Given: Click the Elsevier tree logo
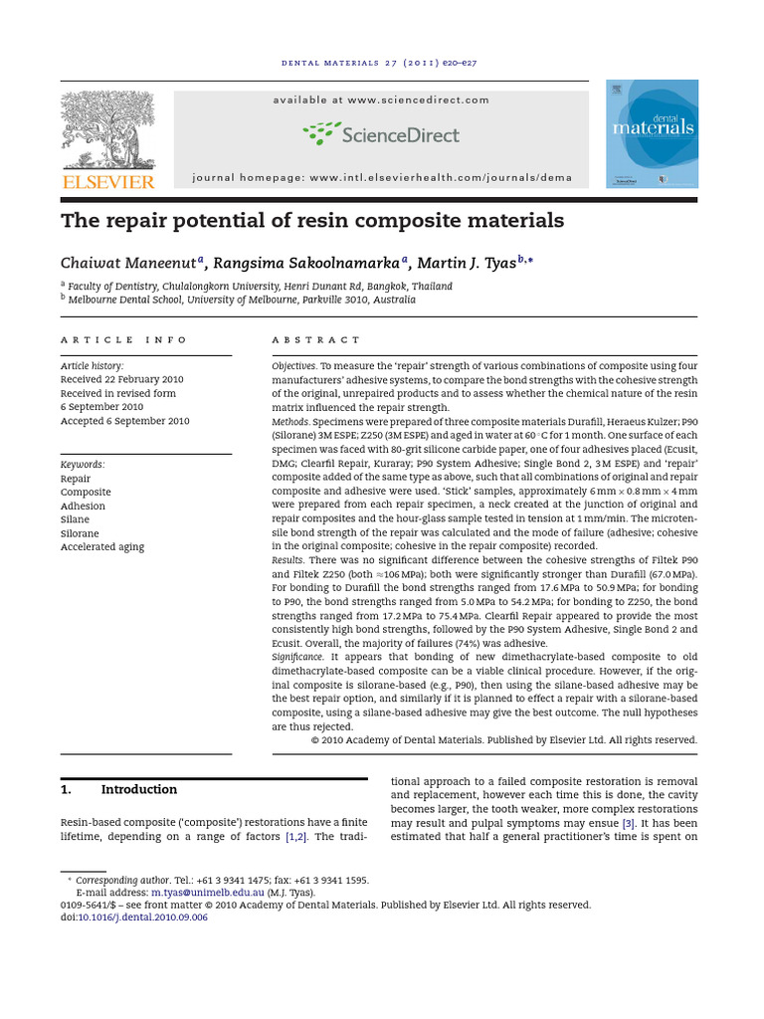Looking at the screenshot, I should [x=107, y=129].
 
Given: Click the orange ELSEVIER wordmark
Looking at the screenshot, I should [x=107, y=182].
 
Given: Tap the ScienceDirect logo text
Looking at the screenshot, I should [x=381, y=134].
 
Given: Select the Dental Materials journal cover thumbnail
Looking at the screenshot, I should [x=652, y=134].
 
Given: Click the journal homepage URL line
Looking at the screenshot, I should [x=381, y=178].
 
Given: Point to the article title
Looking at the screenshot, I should [x=312, y=220].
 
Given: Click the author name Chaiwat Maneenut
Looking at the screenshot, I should [x=128, y=264].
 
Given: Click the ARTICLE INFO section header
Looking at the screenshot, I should [x=123, y=340].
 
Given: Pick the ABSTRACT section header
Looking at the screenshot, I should [x=316, y=340].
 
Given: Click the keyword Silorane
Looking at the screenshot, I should [x=81, y=533].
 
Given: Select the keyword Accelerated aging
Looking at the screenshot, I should [x=102, y=547].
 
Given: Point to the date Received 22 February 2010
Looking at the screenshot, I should [x=121, y=380].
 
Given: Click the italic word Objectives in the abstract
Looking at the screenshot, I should [x=293, y=366].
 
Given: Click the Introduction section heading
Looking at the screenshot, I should [x=138, y=790].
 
